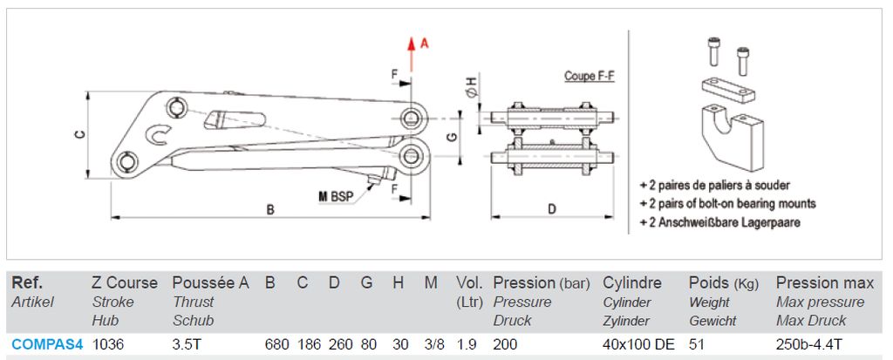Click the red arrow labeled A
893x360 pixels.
tap(411, 55)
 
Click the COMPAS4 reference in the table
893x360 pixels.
tap(47, 344)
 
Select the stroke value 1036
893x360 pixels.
tap(107, 344)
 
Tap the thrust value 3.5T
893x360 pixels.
tap(186, 344)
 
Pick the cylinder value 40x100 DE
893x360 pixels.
tap(638, 344)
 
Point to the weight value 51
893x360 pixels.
tap(697, 344)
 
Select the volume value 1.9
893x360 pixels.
tap(465, 344)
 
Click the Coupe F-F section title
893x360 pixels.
tap(590, 76)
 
